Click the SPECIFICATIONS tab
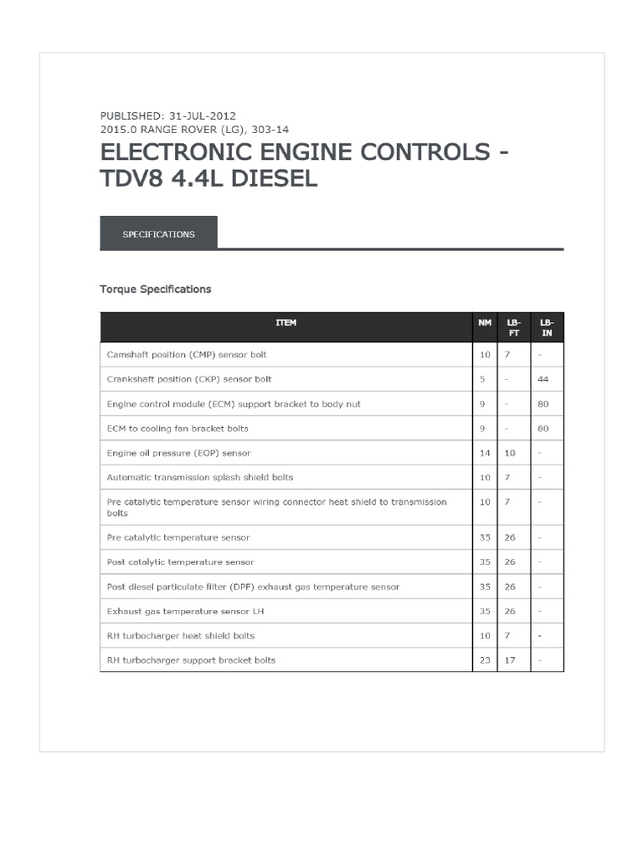point(158,234)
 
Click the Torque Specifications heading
point(156,290)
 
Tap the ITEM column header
point(285,322)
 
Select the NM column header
point(485,322)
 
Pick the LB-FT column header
point(513,327)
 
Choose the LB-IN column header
point(547,327)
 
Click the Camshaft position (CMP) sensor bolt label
point(187,355)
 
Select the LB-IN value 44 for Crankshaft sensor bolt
point(543,379)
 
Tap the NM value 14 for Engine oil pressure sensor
point(485,453)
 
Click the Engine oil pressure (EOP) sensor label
point(179,453)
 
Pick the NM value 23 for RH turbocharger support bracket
point(485,660)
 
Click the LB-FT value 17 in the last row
point(510,660)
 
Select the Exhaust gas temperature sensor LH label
point(180,612)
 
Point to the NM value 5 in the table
point(483,379)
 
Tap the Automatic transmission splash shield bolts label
point(200,477)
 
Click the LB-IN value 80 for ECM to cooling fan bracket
point(543,428)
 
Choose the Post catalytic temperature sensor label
point(180,562)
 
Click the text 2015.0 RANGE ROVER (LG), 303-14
point(194,130)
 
